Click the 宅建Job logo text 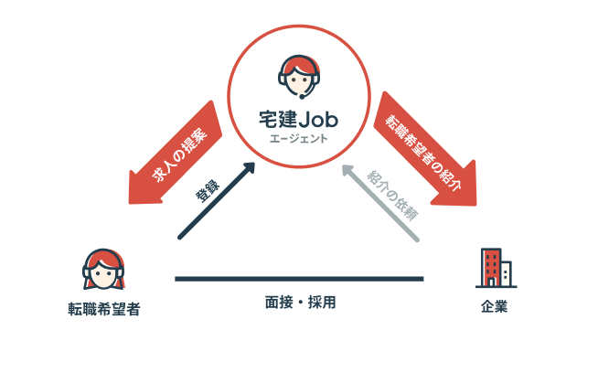coord(298,118)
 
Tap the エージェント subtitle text coord(298,140)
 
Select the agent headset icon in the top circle coord(299,77)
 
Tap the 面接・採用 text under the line coord(299,301)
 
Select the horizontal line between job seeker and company coord(299,278)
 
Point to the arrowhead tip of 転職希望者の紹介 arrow coord(472,195)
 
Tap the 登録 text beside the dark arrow coord(207,190)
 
